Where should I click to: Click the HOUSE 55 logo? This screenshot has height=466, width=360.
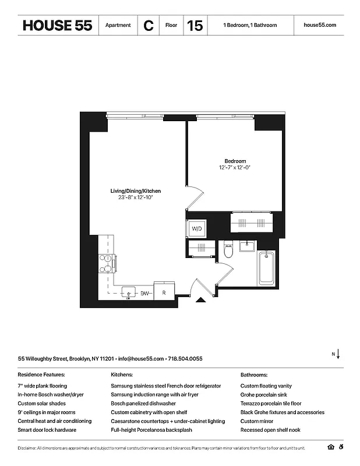point(57,26)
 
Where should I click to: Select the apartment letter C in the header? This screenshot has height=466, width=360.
point(149,26)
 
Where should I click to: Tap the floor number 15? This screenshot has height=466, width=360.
point(195,26)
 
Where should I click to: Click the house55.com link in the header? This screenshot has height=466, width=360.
point(320,26)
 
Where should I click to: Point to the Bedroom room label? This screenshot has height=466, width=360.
point(235,161)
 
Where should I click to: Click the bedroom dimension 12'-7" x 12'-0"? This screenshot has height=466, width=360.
point(235,168)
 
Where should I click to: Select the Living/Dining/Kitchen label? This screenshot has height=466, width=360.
point(136,191)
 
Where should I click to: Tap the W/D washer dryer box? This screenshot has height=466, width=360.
point(197,229)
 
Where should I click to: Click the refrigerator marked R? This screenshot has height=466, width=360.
point(164,293)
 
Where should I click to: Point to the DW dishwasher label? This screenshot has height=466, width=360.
point(145,293)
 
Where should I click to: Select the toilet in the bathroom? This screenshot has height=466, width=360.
point(228,248)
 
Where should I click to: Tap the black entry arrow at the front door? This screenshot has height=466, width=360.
point(200,300)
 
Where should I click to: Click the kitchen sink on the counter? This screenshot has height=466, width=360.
point(128,292)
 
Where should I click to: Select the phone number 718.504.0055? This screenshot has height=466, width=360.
point(186,359)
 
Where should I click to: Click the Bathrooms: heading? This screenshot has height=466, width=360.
point(255,375)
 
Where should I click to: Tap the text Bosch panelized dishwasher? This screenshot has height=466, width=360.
point(143,403)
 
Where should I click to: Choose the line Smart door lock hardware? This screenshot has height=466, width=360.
point(47,429)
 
